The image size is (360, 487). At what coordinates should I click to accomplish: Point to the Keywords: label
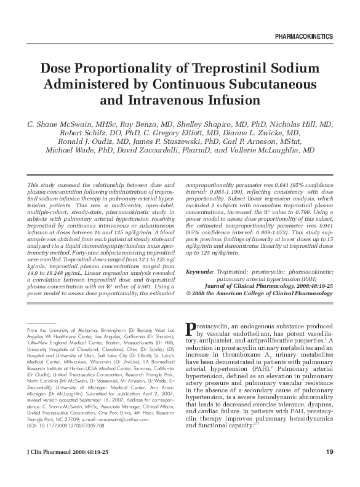click(199, 271)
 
